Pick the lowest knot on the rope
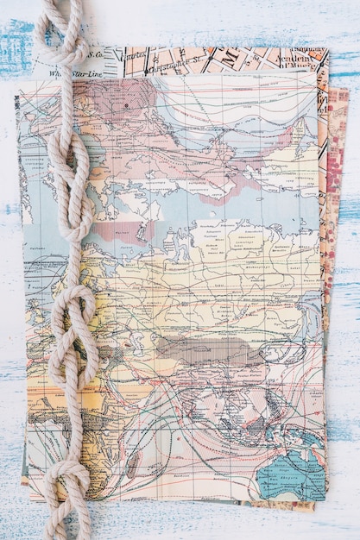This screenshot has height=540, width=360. (66, 483)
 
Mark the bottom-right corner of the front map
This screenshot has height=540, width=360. (325, 497)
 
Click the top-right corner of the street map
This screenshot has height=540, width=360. (327, 50)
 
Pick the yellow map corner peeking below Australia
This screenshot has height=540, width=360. (298, 505)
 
